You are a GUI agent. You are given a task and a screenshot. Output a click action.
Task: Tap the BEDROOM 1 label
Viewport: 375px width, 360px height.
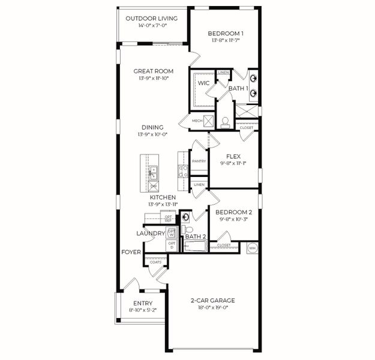click(225, 34)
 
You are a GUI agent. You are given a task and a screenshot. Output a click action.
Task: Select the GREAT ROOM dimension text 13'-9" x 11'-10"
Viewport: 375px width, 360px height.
click(153, 78)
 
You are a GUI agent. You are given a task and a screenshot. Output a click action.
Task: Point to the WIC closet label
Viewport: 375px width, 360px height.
click(203, 83)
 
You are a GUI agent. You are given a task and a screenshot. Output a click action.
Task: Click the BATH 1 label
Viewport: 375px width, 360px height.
click(238, 89)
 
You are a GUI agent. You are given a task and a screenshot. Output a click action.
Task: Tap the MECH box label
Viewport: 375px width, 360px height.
click(197, 121)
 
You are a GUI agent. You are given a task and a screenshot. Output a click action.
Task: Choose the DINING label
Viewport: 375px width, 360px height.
click(153, 127)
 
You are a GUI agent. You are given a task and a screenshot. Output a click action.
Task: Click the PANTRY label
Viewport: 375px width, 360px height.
click(199, 161)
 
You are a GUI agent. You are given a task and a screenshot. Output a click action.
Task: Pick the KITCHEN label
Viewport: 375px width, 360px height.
click(163, 197)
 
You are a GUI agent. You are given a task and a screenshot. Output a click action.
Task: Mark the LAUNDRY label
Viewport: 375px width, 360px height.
click(151, 233)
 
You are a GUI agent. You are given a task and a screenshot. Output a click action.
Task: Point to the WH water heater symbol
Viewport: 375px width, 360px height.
click(252, 247)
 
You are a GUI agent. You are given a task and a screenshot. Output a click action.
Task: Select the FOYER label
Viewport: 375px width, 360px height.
click(131, 252)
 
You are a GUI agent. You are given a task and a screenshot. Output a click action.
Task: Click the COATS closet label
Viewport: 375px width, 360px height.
click(155, 262)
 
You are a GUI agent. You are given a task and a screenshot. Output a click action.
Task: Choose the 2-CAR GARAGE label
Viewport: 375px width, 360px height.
click(213, 300)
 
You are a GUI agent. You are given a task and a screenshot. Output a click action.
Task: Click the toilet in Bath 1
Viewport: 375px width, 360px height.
click(225, 122)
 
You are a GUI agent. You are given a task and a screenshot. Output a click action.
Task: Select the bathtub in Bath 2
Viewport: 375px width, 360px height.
click(194, 245)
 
